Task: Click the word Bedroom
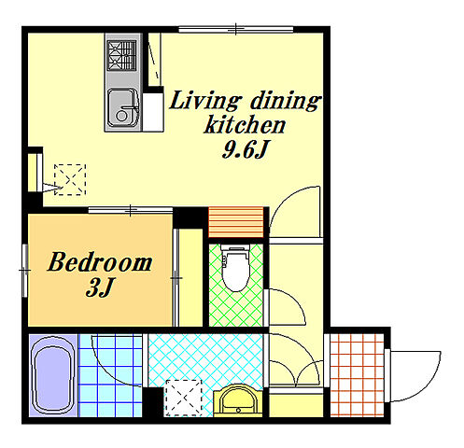tap(100, 262)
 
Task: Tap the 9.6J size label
tap(245, 150)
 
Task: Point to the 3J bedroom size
tap(99, 287)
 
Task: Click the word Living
tap(205, 100)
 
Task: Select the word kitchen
tap(245, 124)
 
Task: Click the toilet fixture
tap(236, 268)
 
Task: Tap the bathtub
tap(53, 375)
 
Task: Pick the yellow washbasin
tap(238, 400)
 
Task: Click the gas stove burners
tap(121, 56)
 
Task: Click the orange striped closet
tap(235, 222)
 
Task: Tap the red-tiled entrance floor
tap(357, 375)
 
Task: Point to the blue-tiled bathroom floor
tap(111, 375)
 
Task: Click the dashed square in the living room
tap(70, 180)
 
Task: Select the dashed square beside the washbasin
tap(183, 399)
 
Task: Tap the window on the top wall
tap(236, 30)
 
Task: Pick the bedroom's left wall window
tap(25, 271)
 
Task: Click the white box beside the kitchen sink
tap(153, 112)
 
